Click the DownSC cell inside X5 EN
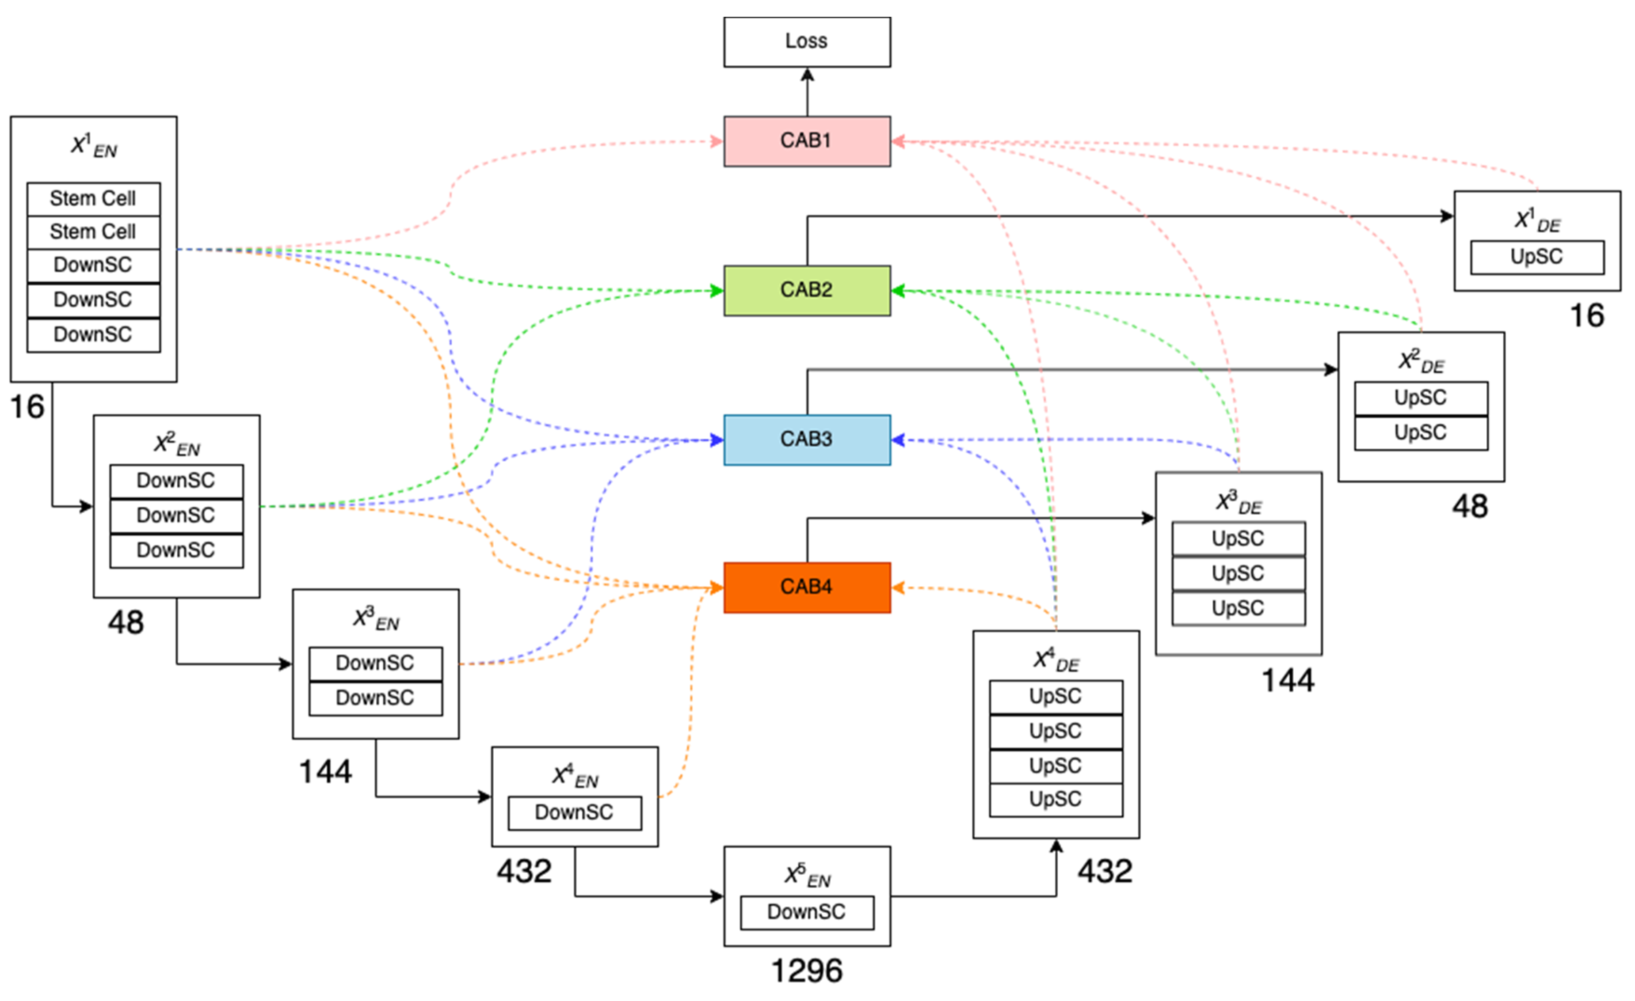tap(807, 912)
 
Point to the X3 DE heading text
tap(1238, 502)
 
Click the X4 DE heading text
tap(1056, 660)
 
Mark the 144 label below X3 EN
tap(325, 771)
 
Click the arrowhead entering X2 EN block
tap(86, 507)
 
